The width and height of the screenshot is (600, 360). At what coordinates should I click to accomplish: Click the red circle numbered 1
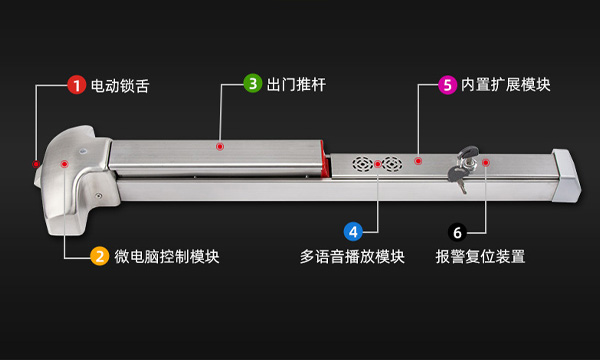pos(76,85)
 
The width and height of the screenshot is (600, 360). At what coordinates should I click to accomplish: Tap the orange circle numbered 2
pos(99,256)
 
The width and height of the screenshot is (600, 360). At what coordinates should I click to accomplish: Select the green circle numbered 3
pos(253,84)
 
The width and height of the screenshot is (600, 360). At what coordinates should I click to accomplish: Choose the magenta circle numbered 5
pos(448,84)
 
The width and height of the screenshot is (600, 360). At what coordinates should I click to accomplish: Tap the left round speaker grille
pos(361,163)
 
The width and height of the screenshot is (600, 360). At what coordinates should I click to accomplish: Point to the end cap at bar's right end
pos(565,175)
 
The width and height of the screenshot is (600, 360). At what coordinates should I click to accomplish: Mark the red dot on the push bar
pos(220,147)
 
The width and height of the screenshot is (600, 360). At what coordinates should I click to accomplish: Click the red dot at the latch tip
pos(35,163)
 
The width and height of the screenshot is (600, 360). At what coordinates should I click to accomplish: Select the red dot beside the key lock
pos(485,161)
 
